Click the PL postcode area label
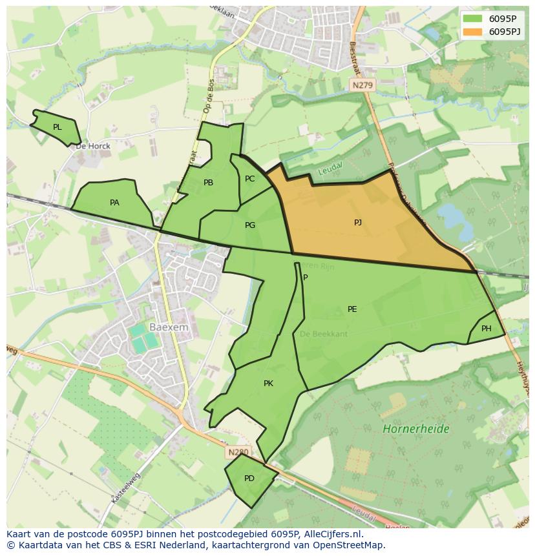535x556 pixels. [58, 127]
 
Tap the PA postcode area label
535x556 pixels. [114, 203]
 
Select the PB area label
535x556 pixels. [208, 183]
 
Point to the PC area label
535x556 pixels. [250, 179]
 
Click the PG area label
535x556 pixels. [250, 225]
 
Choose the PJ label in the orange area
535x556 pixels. [358, 223]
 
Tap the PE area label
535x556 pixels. [352, 309]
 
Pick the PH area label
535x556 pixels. [487, 329]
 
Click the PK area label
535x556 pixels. [268, 384]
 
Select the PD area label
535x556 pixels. [249, 479]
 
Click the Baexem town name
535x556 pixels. [169, 327]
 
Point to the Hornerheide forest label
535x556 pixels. [415, 429]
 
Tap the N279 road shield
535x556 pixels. [362, 85]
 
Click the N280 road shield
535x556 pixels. [237, 453]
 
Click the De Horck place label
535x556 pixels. [93, 146]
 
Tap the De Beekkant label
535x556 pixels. [324, 334]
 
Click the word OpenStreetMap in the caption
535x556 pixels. [347, 545]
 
